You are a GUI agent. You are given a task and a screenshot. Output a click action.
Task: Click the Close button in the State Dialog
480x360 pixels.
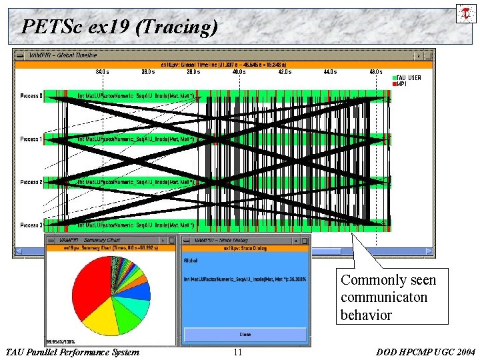(x=245, y=334)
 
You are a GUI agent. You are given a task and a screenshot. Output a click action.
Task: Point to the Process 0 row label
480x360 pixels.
(x=31, y=96)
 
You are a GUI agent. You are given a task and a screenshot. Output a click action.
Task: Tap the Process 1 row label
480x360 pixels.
(x=31, y=139)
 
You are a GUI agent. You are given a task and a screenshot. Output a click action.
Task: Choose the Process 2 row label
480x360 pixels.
(x=31, y=182)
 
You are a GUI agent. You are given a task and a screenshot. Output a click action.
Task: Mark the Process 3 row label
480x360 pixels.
(x=31, y=225)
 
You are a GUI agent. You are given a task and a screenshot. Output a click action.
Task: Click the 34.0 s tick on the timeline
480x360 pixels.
(x=102, y=71)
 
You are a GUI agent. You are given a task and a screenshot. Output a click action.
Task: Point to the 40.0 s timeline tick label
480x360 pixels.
(x=239, y=71)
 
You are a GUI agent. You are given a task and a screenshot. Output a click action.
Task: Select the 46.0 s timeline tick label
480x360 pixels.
(x=375, y=71)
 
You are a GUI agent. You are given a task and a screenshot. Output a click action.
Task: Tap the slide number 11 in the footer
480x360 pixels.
(x=238, y=353)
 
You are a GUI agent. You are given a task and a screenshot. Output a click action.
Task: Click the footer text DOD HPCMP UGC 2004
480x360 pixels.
(x=425, y=353)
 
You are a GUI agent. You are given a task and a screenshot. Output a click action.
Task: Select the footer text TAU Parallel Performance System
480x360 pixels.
(x=72, y=353)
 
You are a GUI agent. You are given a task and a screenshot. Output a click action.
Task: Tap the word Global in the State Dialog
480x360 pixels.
(x=190, y=261)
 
